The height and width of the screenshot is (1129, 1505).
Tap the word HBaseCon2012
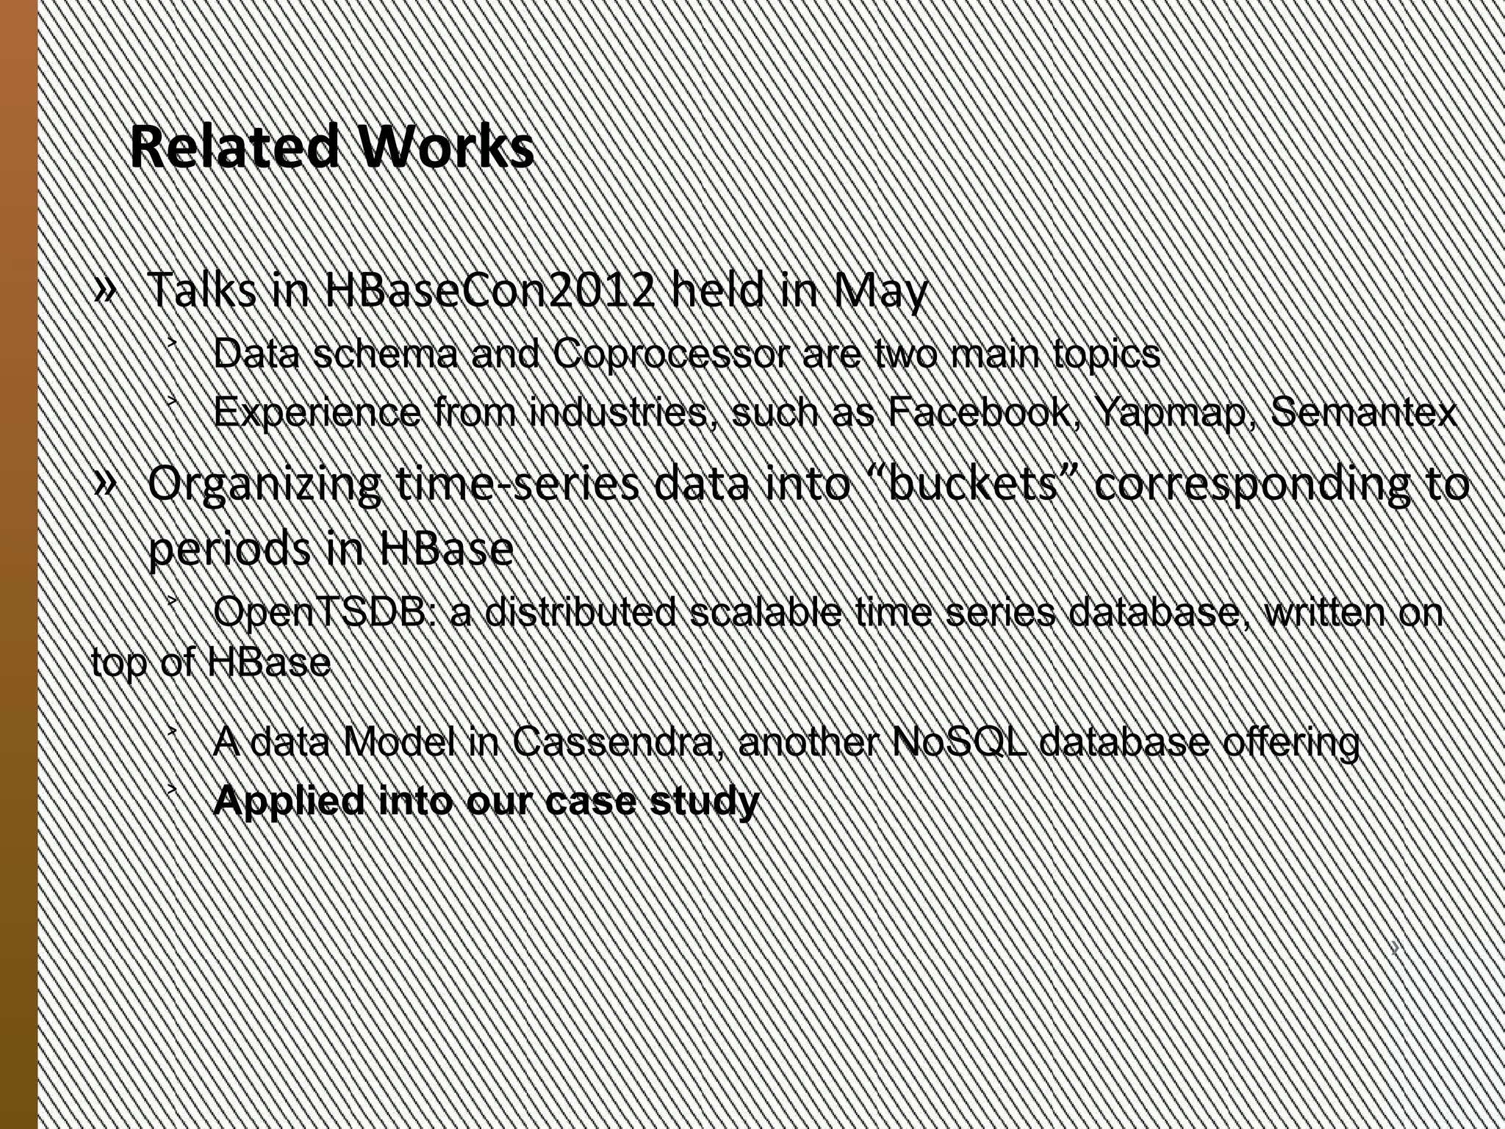[x=488, y=290]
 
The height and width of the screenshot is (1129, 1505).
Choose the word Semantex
[x=1363, y=412]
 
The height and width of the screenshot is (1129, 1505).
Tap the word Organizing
[x=264, y=486]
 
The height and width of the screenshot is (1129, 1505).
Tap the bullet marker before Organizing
[x=105, y=482]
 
